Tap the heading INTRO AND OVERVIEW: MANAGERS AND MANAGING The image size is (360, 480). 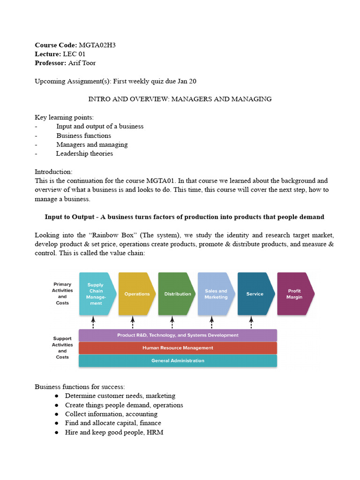(180, 99)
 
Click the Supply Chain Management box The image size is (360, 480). (96, 294)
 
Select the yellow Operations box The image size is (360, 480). (136, 294)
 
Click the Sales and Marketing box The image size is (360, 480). (216, 294)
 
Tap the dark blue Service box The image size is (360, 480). (255, 294)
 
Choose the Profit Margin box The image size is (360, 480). (295, 294)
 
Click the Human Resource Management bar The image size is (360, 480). (178, 348)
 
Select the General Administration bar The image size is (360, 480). (178, 360)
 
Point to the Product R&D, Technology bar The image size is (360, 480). (178, 335)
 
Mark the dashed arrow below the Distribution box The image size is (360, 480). (172, 322)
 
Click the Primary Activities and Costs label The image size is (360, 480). (62, 293)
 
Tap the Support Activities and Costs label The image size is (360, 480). (62, 347)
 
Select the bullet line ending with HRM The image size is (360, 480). (114, 432)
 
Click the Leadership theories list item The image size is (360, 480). (84, 153)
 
